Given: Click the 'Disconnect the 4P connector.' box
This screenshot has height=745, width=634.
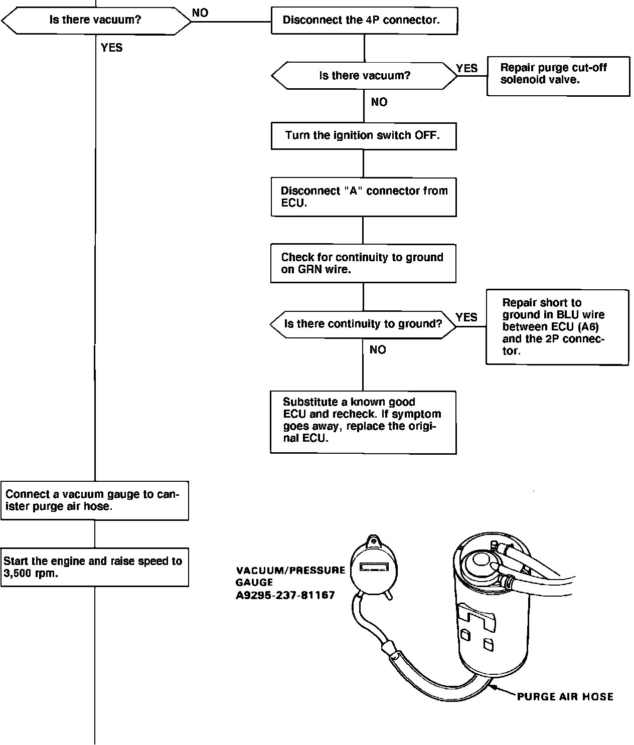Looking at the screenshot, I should [364, 21].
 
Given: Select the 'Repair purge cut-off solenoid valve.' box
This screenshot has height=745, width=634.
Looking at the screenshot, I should [558, 76].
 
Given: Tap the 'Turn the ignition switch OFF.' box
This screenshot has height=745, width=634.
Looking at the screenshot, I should [363, 135].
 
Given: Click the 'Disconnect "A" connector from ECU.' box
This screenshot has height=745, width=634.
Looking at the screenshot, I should [363, 197].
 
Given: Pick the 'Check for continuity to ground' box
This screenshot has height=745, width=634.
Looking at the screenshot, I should [363, 263].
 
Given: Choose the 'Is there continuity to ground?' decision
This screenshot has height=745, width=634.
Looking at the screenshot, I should [363, 324].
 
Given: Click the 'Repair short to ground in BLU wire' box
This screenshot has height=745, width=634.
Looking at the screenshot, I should [557, 326].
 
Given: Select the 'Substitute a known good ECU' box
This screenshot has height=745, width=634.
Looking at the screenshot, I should [363, 422].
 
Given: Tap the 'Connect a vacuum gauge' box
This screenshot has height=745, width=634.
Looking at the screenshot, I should [94, 500].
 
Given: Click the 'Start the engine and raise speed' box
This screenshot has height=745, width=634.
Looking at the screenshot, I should [94, 567].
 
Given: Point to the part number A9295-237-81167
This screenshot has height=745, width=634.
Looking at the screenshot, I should [285, 596].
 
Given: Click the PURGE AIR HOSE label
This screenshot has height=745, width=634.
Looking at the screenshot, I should [565, 696].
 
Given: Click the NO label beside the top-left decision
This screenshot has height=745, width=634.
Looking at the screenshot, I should [200, 13].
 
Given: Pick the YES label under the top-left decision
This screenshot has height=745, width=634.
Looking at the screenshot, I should [111, 48].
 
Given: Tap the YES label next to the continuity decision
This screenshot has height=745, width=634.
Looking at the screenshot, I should [466, 317].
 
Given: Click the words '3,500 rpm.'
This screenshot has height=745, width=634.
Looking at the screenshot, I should [31, 574].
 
